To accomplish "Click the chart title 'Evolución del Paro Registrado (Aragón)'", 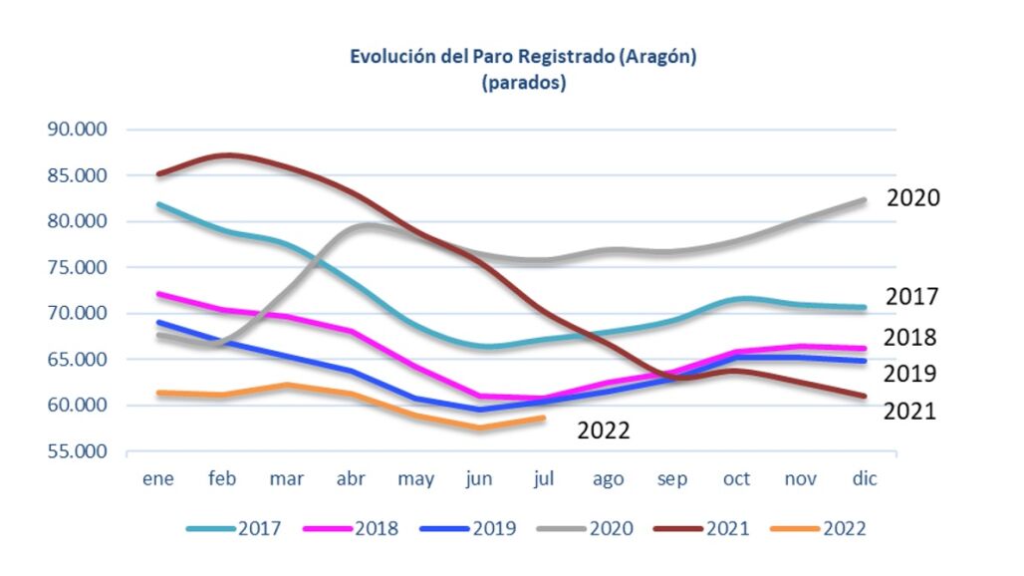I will pyautogui.click(x=522, y=57).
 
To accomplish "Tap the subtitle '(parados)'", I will pyautogui.click(x=523, y=83).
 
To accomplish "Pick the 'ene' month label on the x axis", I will pyautogui.click(x=158, y=479).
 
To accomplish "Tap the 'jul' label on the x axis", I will pyautogui.click(x=543, y=479).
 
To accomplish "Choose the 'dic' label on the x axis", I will pyautogui.click(x=864, y=479).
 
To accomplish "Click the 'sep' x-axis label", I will pyautogui.click(x=672, y=479).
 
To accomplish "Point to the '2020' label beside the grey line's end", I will pyautogui.click(x=912, y=198).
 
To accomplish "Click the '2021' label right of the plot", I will pyautogui.click(x=910, y=411).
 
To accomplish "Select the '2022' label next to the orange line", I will pyautogui.click(x=605, y=431).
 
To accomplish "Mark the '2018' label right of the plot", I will pyautogui.click(x=910, y=338).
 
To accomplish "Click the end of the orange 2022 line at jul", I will pyautogui.click(x=544, y=418).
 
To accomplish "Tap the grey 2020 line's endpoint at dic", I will pyautogui.click(x=864, y=200).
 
